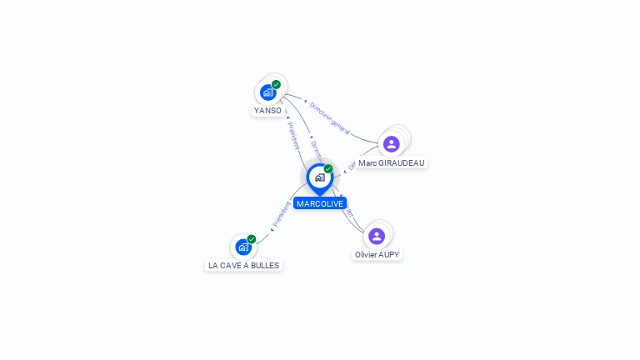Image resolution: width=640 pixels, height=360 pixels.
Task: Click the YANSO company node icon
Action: coord(268,92)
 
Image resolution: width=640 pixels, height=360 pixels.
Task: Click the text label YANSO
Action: coord(267,110)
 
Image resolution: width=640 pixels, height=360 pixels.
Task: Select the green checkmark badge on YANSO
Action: coord(276,84)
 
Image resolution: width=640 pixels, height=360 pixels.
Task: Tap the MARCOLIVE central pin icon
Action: coord(319,177)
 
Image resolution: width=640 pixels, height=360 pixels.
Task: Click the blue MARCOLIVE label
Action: coord(319,203)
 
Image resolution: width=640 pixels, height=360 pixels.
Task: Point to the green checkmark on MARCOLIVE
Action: coord(328,168)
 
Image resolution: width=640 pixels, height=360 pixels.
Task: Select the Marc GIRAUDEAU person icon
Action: coord(391,144)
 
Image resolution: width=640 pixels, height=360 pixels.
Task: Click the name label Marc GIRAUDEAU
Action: coord(391,162)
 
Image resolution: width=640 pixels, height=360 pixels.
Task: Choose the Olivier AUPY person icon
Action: coord(377,236)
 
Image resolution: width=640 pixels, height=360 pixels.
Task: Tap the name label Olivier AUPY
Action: coord(377,254)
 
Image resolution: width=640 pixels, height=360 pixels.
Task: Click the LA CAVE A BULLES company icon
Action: coord(242,247)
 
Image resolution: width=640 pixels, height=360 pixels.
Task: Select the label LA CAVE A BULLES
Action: coord(243,265)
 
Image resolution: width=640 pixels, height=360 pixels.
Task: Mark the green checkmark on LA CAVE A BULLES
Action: coord(251,239)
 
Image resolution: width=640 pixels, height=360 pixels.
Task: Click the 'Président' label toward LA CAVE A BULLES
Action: coord(281,215)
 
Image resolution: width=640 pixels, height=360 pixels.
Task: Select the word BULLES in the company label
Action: coord(265,265)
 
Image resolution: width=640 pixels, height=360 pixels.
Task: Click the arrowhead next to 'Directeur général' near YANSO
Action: coord(305,101)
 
